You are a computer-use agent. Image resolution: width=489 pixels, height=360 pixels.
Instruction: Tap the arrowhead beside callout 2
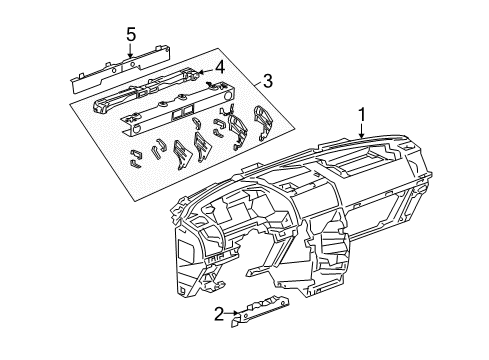pyautogui.click(x=235, y=315)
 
